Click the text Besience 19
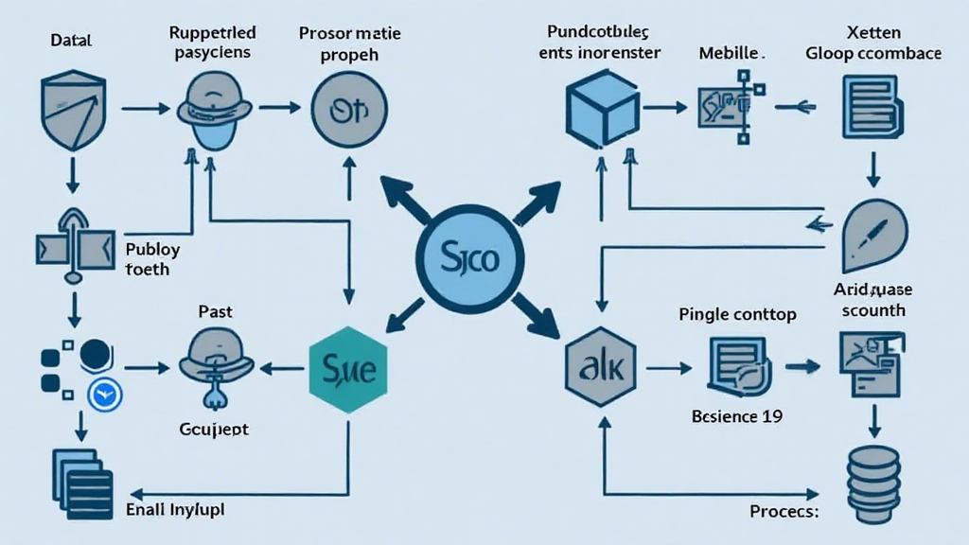click(x=737, y=415)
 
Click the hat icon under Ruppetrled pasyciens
click(x=216, y=111)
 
